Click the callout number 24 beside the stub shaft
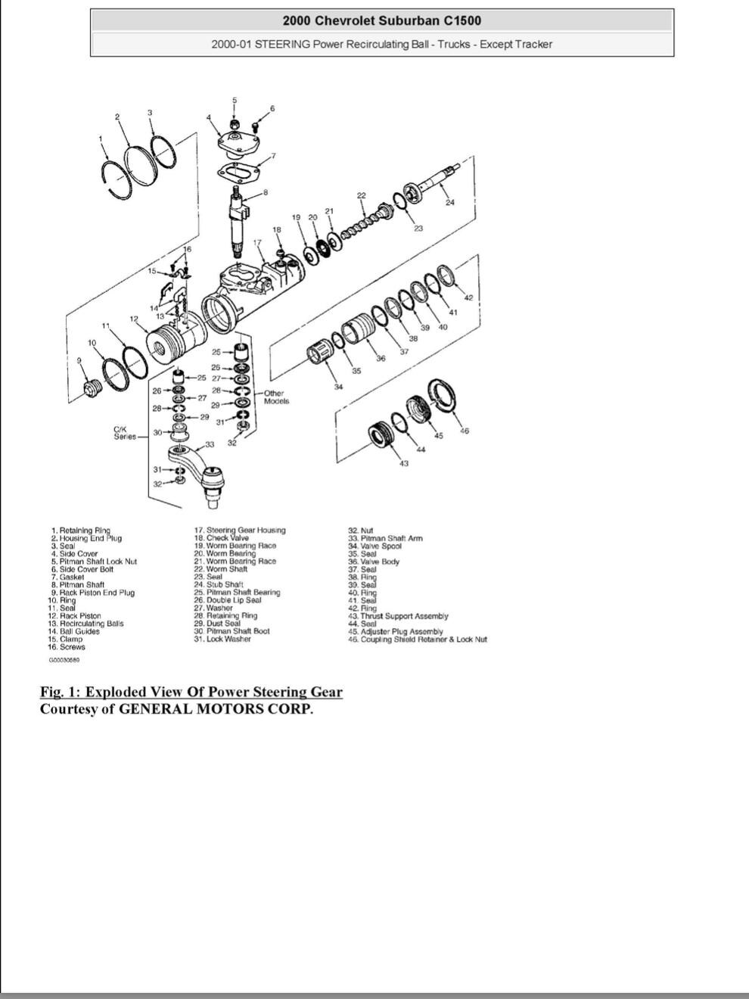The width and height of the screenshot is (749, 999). (x=449, y=203)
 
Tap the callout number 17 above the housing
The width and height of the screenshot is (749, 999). (x=257, y=243)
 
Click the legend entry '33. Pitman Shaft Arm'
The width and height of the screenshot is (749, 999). (x=385, y=538)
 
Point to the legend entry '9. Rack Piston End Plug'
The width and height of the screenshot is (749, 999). (x=93, y=593)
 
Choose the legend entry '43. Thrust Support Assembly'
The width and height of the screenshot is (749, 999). (x=399, y=616)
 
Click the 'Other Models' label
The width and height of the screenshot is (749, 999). (x=275, y=397)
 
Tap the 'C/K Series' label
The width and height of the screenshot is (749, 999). (x=125, y=433)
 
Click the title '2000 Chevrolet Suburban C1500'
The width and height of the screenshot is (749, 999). (x=382, y=21)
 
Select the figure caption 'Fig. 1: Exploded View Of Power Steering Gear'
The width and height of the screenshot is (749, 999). (x=191, y=692)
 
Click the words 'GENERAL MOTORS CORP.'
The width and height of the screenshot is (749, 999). (x=216, y=709)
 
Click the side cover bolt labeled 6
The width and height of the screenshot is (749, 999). (x=255, y=126)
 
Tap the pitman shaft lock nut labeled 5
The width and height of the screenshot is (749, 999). (x=235, y=123)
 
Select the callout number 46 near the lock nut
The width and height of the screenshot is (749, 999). (x=465, y=431)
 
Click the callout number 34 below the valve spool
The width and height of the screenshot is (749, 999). (x=338, y=387)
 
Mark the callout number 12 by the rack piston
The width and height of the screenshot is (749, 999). (x=134, y=319)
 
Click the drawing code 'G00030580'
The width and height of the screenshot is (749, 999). (x=64, y=660)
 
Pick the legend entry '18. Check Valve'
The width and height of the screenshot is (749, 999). (x=222, y=538)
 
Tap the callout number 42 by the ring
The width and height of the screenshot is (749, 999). (x=468, y=297)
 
